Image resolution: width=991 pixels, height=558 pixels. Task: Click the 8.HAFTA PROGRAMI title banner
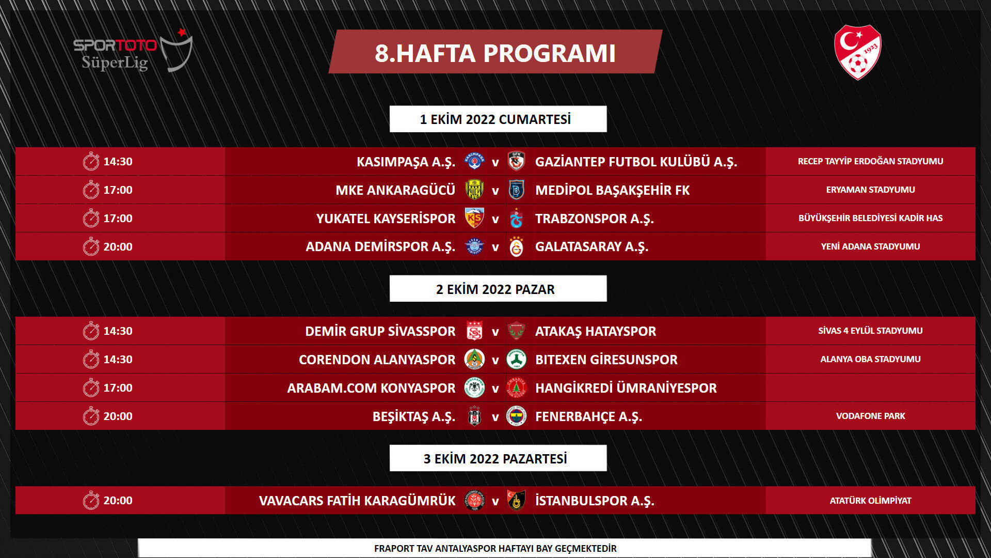495,52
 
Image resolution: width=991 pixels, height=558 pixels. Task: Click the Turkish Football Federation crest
857,52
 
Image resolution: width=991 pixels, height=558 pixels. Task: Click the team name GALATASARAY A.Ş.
592,247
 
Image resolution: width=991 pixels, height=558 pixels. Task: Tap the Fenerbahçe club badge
516,416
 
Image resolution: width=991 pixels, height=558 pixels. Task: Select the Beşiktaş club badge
474,416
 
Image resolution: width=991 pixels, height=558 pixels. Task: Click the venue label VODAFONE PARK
870,416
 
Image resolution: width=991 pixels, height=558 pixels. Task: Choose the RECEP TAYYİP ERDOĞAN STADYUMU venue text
870,161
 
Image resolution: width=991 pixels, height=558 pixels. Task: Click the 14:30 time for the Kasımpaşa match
118,162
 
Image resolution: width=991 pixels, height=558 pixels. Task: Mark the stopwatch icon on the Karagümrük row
91,501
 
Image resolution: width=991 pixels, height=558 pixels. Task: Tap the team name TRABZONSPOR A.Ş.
594,219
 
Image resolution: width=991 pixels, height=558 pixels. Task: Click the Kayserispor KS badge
474,219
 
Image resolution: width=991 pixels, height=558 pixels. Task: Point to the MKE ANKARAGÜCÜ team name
395,190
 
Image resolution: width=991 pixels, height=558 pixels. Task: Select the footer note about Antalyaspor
495,548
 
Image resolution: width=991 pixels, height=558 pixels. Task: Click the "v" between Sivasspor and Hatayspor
495,332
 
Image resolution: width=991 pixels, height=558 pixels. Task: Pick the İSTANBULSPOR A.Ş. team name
594,501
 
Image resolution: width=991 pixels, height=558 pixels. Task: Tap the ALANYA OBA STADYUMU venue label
870,359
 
